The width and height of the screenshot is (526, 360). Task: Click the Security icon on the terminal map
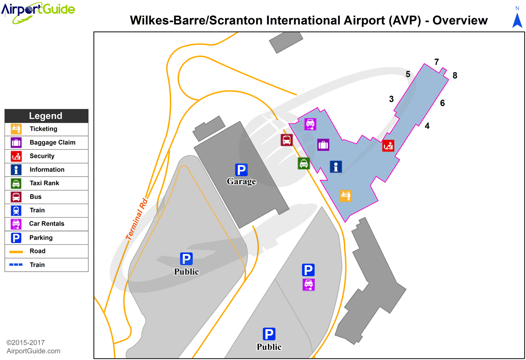[388, 145]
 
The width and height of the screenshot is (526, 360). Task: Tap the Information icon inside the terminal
[336, 166]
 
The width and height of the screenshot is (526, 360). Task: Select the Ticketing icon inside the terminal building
[346, 195]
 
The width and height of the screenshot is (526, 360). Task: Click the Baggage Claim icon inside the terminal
[323, 145]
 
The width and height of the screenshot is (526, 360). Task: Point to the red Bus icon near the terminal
[287, 140]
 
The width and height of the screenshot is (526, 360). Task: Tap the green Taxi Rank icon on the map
[304, 163]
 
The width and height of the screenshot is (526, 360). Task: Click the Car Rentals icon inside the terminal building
[310, 124]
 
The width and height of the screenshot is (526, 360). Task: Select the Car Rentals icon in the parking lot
[308, 284]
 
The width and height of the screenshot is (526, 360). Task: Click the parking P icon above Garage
[241, 169]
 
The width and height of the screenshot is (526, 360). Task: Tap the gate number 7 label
[437, 62]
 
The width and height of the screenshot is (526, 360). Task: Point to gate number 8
[455, 76]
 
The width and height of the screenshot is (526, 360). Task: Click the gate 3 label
[391, 99]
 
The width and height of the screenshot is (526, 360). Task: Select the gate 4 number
[427, 126]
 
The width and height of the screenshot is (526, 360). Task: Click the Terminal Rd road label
[137, 219]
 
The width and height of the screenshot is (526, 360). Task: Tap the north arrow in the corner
[517, 19]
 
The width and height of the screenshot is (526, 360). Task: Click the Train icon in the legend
[16, 210]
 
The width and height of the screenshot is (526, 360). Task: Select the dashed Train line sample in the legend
[16, 265]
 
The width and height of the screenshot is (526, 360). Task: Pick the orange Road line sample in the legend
[16, 251]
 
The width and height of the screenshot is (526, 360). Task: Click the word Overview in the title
[460, 20]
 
